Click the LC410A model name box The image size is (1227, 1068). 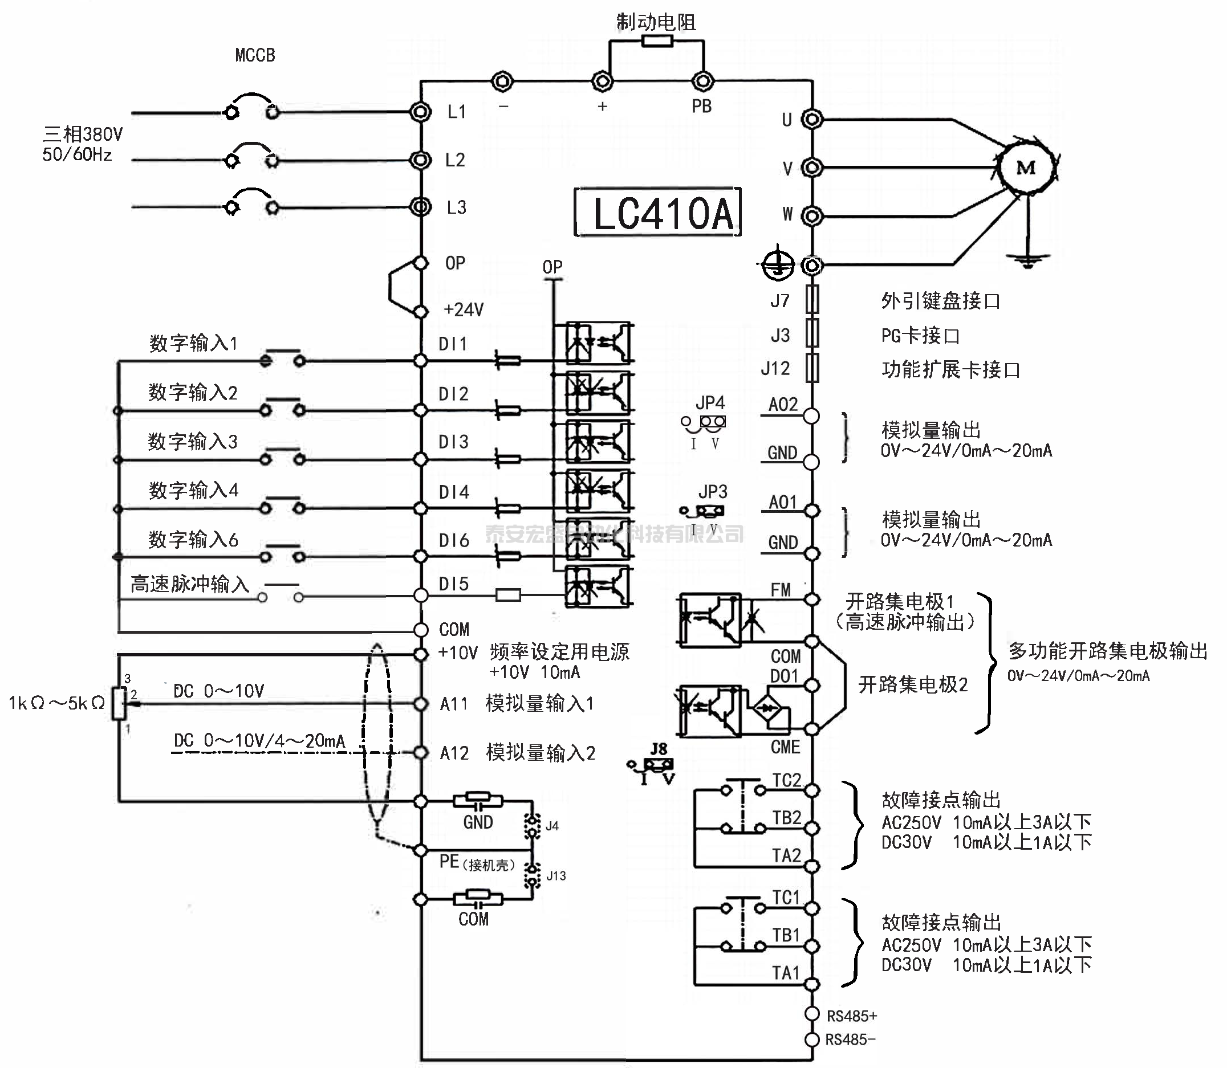point(657,213)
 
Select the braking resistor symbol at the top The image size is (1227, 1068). point(657,41)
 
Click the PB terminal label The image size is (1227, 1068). point(702,106)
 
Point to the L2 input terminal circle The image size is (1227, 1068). point(421,160)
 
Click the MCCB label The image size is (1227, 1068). point(255,55)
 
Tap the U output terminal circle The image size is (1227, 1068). point(811,119)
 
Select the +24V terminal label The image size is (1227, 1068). point(464,310)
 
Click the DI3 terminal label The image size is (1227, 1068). point(454,442)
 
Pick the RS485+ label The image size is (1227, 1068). point(851,1016)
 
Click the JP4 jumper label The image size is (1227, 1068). point(710,403)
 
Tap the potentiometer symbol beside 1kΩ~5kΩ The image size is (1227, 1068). point(120,703)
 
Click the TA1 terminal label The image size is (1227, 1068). point(786,973)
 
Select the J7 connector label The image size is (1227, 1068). point(780,301)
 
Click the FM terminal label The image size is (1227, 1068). point(781,590)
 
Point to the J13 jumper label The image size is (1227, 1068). point(556,875)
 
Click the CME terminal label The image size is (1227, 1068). point(785,747)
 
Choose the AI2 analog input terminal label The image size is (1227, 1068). point(454,753)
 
